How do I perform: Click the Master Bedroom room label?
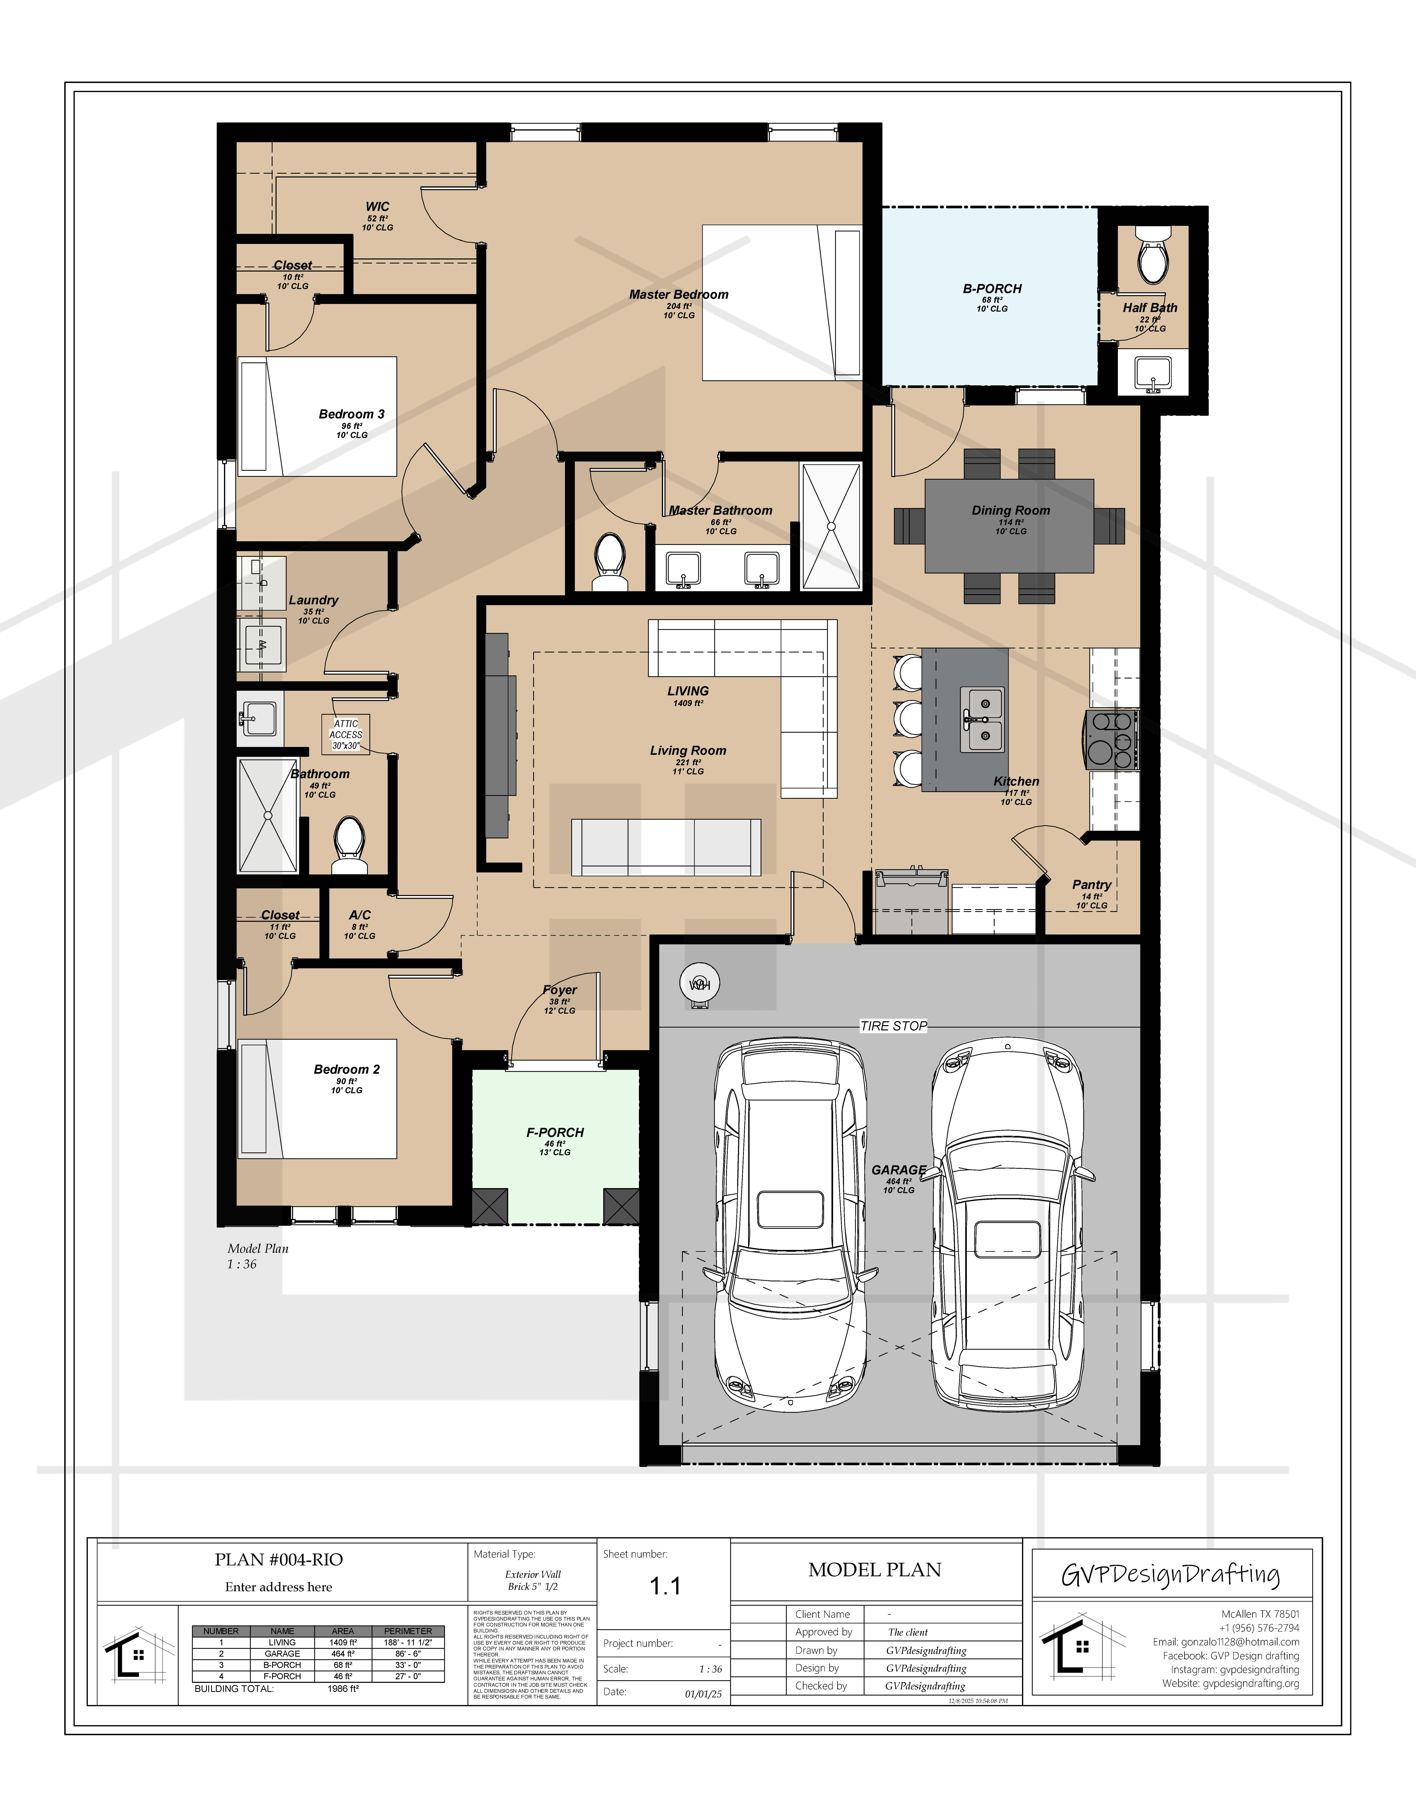point(678,295)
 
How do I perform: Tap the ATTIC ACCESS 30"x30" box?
point(345,735)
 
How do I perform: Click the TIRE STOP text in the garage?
point(893,1026)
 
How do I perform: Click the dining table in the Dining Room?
point(1009,526)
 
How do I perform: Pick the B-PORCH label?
point(992,289)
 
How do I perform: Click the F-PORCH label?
point(555,1132)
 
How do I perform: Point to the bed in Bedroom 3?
point(317,417)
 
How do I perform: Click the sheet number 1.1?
point(665,1587)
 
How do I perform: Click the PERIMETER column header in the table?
point(408,1631)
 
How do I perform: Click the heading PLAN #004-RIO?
point(279,1560)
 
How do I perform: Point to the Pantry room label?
point(1091,884)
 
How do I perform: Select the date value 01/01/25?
point(703,1694)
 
